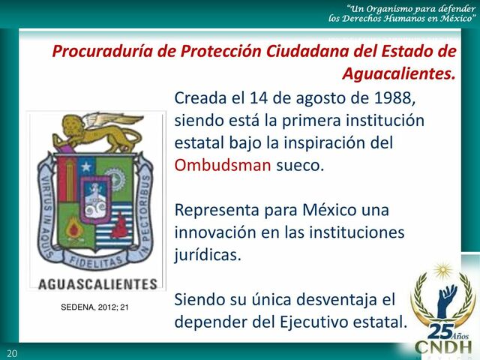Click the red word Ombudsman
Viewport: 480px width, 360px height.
[x=222, y=165]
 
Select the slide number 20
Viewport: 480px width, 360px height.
[x=11, y=353]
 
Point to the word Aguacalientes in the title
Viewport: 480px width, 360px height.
[x=398, y=74]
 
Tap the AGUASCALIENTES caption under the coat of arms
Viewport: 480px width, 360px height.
[x=97, y=284]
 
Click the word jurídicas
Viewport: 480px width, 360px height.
[x=208, y=254]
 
